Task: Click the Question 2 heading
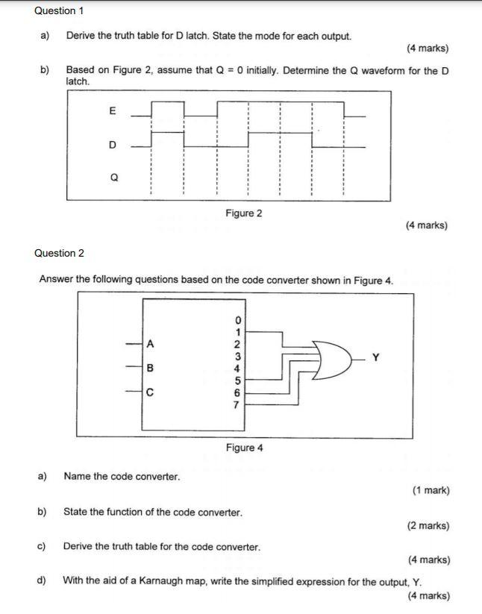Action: (59, 253)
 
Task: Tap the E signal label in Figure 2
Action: (113, 111)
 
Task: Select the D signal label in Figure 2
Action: (113, 145)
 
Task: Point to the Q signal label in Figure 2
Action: (113, 178)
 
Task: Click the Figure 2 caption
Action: (244, 213)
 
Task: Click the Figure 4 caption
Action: (245, 448)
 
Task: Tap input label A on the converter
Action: (150, 344)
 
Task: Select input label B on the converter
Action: (150, 368)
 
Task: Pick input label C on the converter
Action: (150, 392)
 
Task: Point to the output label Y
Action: (375, 357)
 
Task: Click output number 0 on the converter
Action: (237, 321)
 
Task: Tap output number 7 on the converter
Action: (237, 405)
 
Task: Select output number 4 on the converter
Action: (237, 369)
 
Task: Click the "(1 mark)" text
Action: (431, 490)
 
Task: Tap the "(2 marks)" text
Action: (428, 525)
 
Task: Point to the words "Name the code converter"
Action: (122, 476)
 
